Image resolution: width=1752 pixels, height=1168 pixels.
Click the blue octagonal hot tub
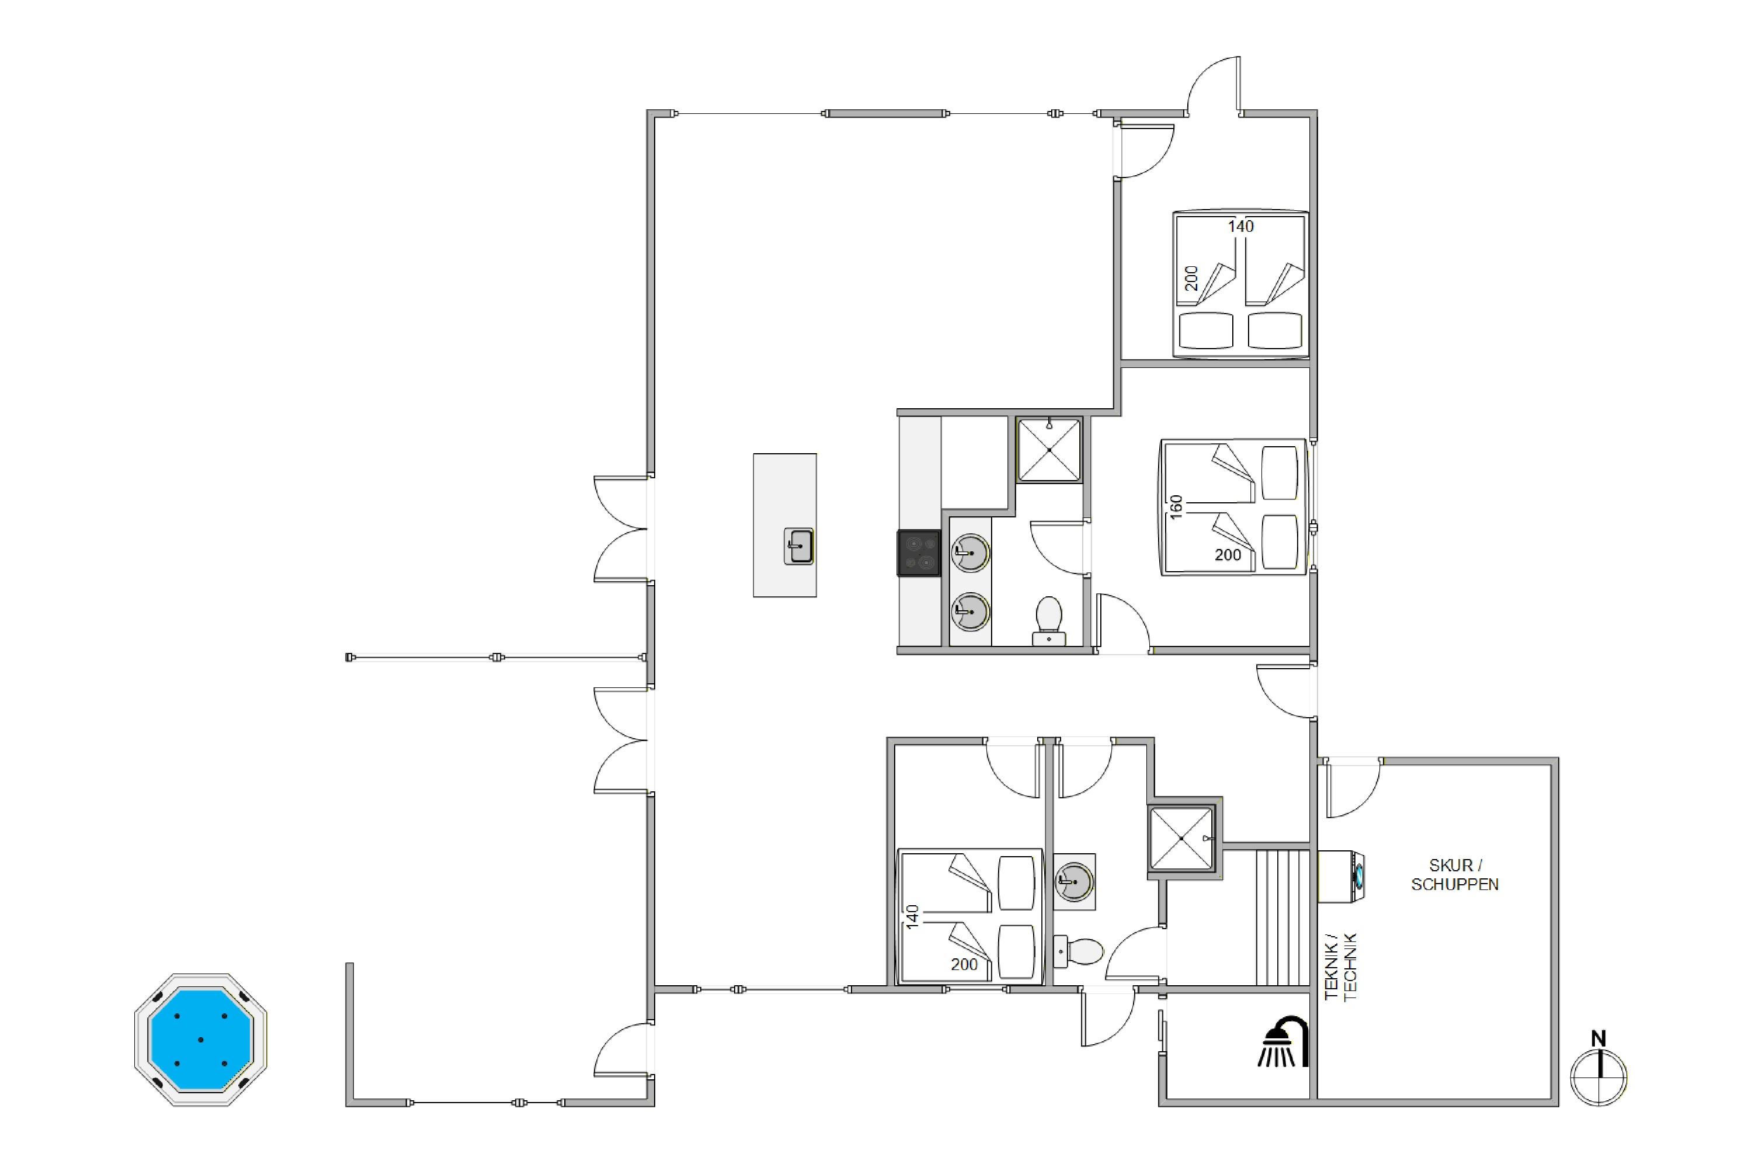tap(200, 1040)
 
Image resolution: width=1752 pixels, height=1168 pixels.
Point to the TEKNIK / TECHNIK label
tap(1341, 967)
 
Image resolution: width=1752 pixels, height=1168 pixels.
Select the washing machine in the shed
tap(1341, 876)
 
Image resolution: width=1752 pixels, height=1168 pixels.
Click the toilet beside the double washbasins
tap(1049, 620)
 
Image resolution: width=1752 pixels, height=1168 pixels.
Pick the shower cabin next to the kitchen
tap(1049, 450)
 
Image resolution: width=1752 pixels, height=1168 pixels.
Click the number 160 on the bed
tap(1176, 506)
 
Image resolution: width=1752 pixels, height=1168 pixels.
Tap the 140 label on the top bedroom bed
tap(1241, 227)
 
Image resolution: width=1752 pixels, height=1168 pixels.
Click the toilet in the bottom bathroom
tap(1078, 951)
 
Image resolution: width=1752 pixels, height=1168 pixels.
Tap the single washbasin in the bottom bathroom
tap(1074, 882)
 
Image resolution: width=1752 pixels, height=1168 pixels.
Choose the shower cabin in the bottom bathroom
tap(1182, 838)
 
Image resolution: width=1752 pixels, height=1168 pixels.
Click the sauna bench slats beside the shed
tap(1282, 917)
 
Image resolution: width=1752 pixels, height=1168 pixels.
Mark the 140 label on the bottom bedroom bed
tap(912, 916)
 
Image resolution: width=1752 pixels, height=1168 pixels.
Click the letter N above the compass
tap(1598, 1038)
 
